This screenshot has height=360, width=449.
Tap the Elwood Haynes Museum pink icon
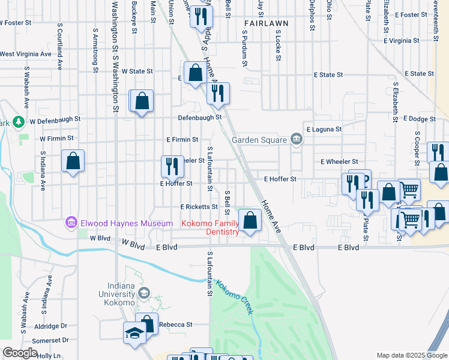point(71,223)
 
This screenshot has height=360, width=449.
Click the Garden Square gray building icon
point(296,139)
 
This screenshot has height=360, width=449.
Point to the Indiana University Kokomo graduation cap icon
point(143,293)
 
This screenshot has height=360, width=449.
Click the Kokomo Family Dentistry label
point(210,228)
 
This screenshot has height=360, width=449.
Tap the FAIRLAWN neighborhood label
point(266,23)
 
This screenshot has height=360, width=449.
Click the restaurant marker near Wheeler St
point(172,166)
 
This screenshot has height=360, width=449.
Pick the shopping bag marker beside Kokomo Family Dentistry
point(251,220)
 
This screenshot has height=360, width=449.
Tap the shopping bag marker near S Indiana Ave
point(73,161)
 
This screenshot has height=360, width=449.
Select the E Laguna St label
point(324,129)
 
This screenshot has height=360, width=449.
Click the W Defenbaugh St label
point(55,119)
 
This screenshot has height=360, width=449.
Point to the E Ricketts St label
point(199,206)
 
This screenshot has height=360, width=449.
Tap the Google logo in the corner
point(20,353)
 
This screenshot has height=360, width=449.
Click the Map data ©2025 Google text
point(412,355)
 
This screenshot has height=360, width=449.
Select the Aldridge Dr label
point(51,326)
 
